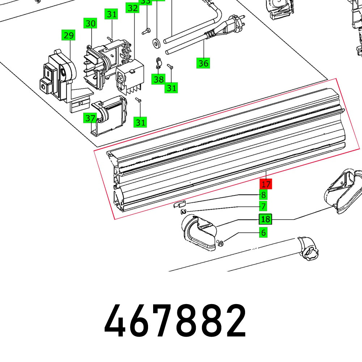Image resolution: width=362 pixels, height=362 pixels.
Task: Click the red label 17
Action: pyautogui.click(x=266, y=184)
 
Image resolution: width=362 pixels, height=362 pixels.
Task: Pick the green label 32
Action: pyautogui.click(x=133, y=8)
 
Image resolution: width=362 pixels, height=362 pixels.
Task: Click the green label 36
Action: pyautogui.click(x=203, y=63)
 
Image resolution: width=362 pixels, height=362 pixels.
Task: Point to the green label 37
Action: pyautogui.click(x=90, y=118)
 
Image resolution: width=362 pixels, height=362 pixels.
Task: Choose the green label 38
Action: pyautogui.click(x=158, y=79)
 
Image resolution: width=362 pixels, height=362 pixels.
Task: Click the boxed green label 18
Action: pyautogui.click(x=265, y=219)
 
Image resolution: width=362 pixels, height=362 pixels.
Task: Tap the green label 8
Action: pyautogui.click(x=264, y=195)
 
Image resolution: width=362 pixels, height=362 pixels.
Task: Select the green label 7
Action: pyautogui.click(x=264, y=207)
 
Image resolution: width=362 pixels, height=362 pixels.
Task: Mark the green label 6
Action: pyautogui.click(x=264, y=233)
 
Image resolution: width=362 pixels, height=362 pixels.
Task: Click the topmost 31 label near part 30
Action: pyautogui.click(x=112, y=14)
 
